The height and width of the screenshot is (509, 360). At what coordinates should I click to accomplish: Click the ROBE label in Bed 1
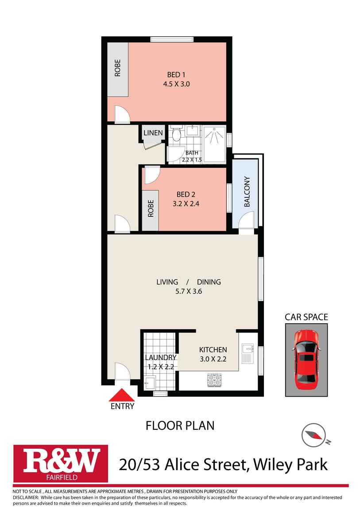(118, 69)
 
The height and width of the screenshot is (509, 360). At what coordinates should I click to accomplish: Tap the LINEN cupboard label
(153, 133)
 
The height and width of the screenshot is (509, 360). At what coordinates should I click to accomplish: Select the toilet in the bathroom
(176, 134)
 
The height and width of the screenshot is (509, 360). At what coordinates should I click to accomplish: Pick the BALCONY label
(247, 192)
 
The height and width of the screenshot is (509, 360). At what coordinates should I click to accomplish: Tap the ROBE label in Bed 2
(151, 208)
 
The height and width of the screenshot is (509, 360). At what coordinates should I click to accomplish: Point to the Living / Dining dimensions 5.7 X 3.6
(189, 291)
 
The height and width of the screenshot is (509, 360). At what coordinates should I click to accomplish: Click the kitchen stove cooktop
(214, 379)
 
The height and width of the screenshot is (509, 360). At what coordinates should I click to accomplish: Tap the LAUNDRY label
(161, 358)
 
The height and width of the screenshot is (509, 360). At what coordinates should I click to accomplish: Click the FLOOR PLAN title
(180, 426)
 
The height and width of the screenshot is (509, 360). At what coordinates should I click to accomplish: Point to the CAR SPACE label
(306, 317)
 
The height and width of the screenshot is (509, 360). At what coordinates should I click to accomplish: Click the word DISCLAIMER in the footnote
(26, 497)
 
